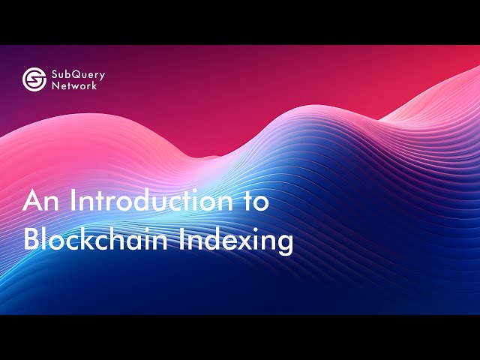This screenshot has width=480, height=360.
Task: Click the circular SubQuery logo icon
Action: point(34,79)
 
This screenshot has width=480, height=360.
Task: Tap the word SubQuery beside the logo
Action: point(78,74)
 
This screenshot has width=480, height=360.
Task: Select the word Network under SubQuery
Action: point(74,85)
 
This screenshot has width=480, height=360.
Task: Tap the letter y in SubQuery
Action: point(101,76)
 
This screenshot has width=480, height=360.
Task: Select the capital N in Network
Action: point(55,85)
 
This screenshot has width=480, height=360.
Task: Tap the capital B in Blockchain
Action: point(32,240)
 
